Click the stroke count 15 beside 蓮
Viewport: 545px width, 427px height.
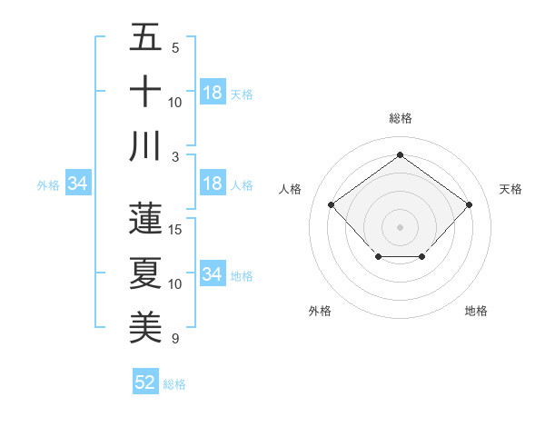pos(176,230)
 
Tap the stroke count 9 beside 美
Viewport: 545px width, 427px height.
pos(173,339)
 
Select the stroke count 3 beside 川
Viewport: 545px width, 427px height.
pos(173,157)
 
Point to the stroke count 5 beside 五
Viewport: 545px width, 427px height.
pos(174,48)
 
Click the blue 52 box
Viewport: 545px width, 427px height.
pos(145,382)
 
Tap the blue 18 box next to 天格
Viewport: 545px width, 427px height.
pos(213,93)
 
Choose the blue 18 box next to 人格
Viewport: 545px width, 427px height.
pos(213,184)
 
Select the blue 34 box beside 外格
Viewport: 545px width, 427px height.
pos(78,184)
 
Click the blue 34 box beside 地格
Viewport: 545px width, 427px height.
pos(213,274)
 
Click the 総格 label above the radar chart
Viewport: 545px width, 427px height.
pos(400,118)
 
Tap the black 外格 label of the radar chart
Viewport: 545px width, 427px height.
pos(319,311)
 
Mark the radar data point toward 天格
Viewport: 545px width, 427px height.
pos(469,204)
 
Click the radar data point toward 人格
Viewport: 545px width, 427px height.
pos(331,204)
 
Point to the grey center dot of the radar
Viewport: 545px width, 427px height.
pos(400,226)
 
